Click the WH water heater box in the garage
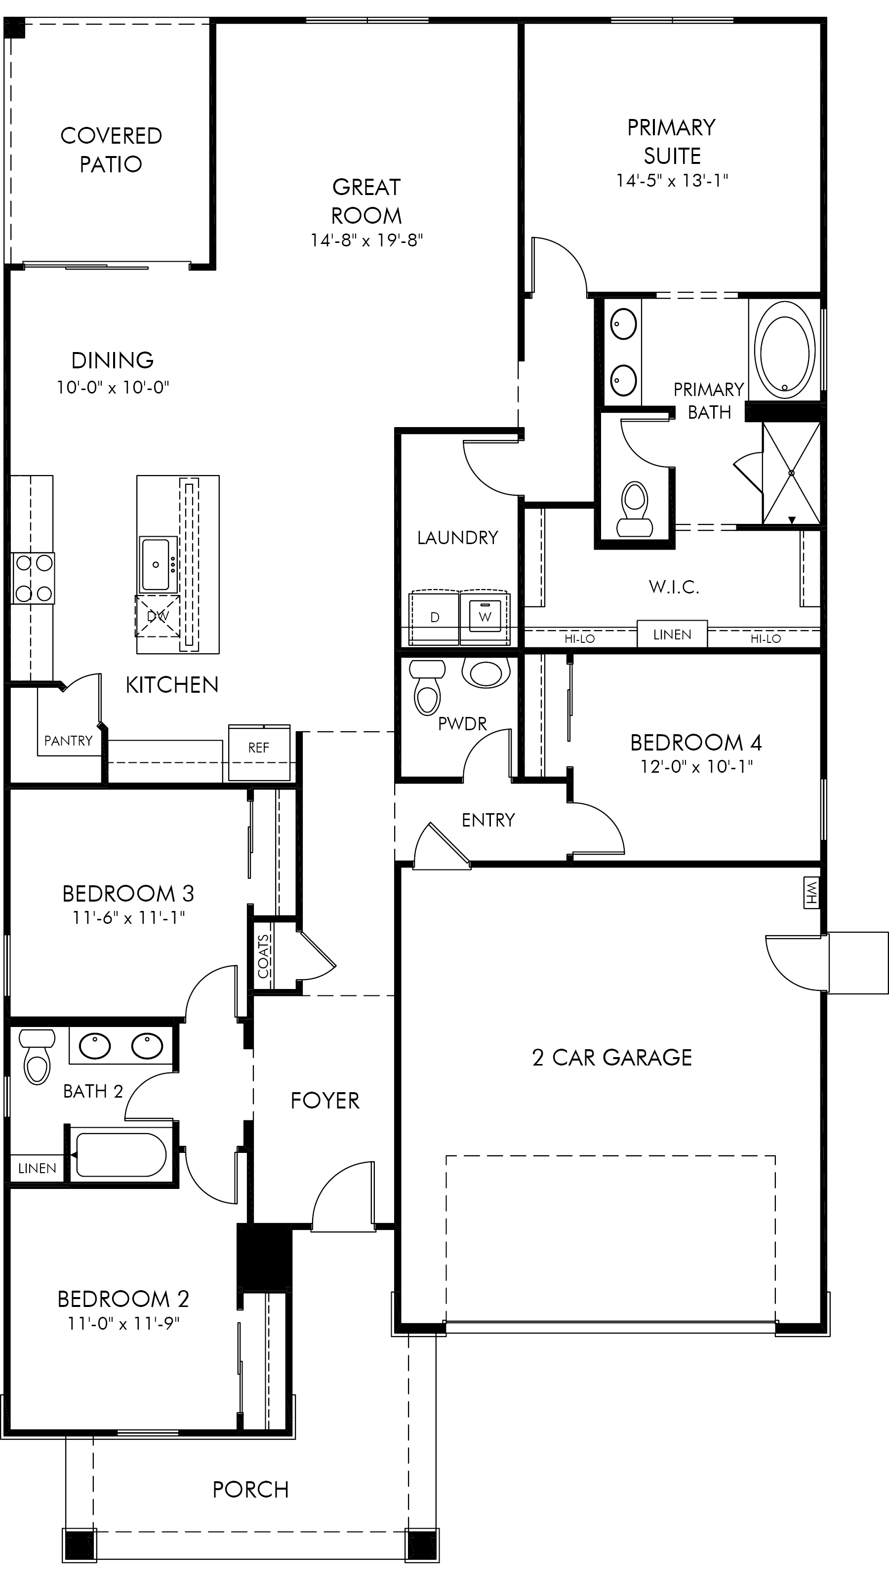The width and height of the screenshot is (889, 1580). (811, 892)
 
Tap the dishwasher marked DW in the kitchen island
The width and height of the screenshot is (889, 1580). (158, 616)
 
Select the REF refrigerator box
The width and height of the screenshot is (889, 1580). (259, 752)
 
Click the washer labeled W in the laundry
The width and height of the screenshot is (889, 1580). (485, 617)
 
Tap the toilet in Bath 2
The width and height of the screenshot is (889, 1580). (37, 1056)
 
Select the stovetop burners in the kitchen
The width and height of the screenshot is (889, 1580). (33, 577)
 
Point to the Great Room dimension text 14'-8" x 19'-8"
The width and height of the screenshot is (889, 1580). (367, 240)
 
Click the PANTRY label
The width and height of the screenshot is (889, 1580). (68, 741)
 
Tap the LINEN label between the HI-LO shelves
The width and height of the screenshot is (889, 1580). (672, 635)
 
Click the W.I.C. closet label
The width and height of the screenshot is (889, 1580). (674, 587)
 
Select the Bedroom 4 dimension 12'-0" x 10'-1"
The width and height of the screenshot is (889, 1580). (696, 767)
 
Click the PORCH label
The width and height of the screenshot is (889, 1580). (250, 1489)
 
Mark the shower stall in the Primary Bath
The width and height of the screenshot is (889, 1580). (791, 473)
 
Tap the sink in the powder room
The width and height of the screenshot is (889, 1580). (486, 673)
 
